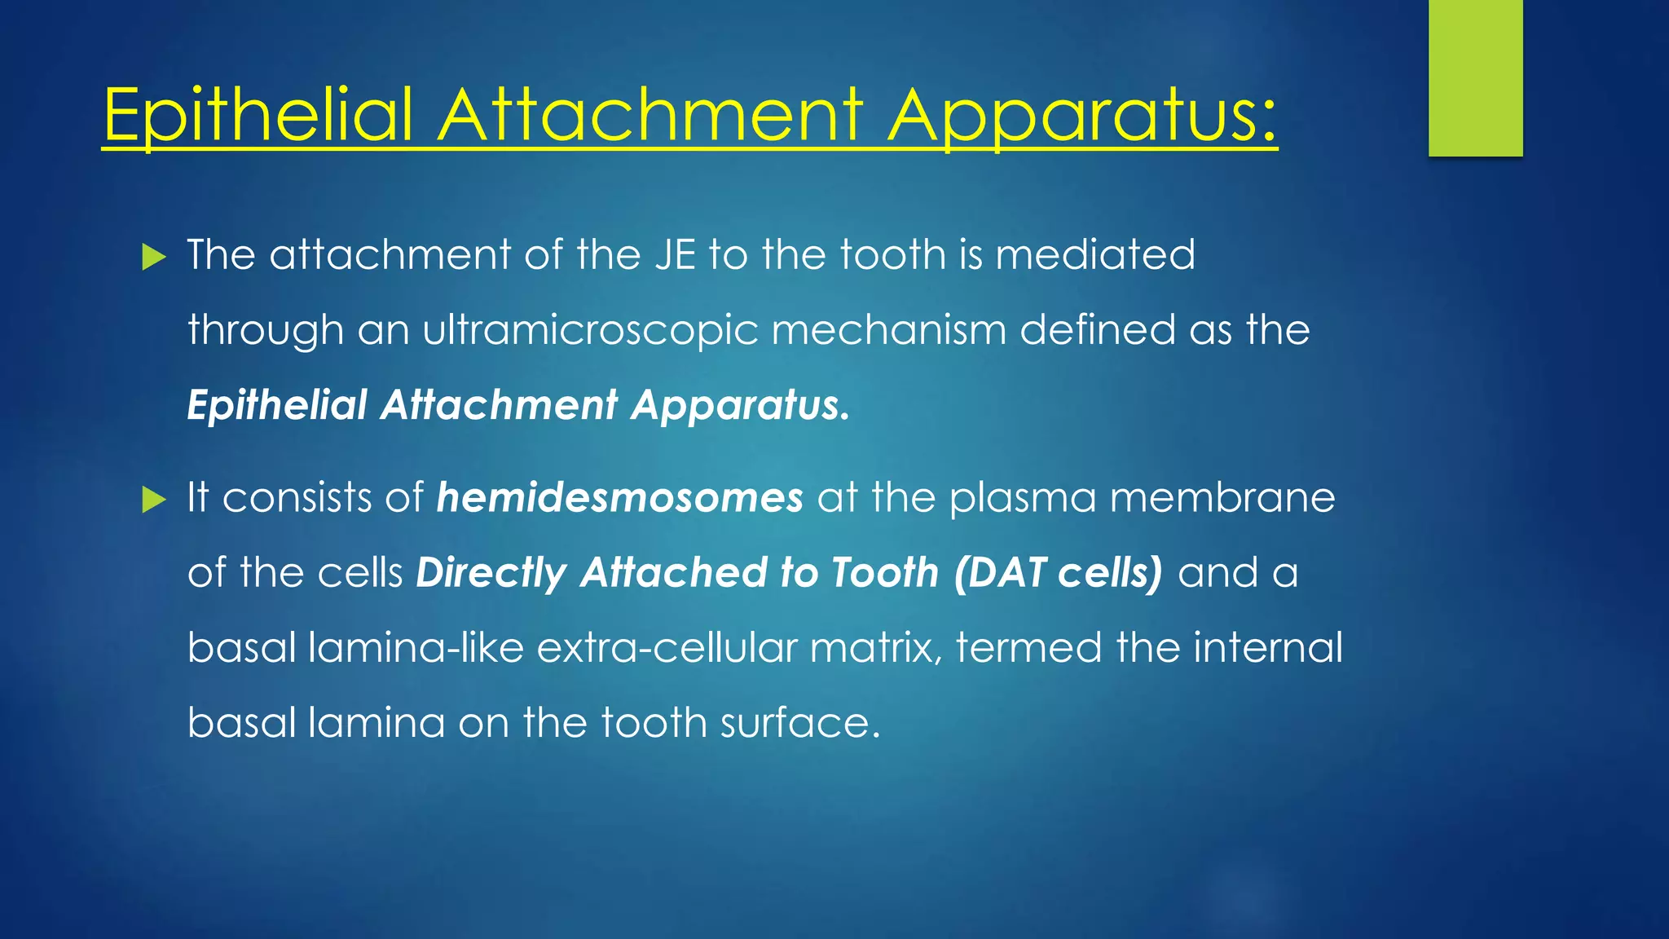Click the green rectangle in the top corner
click(x=1475, y=77)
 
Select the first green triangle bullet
click(x=153, y=258)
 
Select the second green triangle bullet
click(x=153, y=500)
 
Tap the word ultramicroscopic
click(x=590, y=331)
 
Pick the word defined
click(x=1097, y=330)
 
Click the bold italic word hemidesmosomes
click(x=619, y=498)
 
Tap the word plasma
click(x=1022, y=498)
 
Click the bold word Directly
click(x=491, y=573)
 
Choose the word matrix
click(x=875, y=649)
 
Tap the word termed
click(x=1028, y=649)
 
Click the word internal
click(x=1268, y=649)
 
